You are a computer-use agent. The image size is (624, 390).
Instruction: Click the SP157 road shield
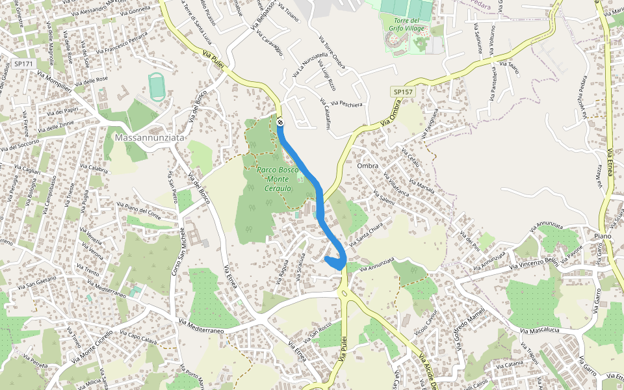403,93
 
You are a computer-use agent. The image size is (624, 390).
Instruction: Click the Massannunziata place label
149,138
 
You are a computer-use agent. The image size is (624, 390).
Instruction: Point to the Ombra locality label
368,166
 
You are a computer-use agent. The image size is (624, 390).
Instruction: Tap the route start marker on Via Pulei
279,122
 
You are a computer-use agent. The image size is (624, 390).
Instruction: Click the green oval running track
156,86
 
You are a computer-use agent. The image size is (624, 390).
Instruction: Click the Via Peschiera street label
346,103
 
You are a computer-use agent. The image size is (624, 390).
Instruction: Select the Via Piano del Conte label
138,209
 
